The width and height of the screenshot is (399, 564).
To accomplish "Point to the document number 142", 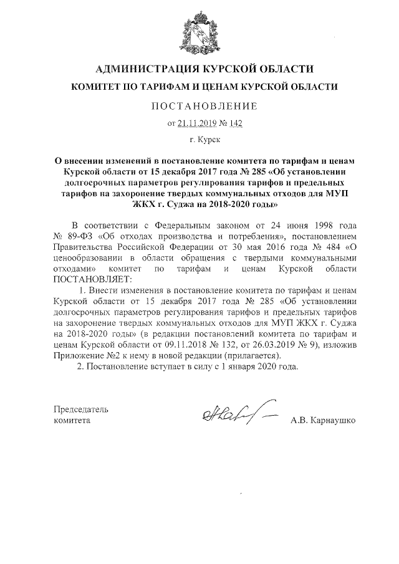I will [x=234, y=123].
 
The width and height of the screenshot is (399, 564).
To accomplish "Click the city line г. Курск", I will [x=200, y=142].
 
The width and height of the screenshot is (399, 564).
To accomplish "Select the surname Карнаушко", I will [x=334, y=421].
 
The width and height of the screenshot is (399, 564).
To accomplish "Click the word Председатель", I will [x=81, y=409].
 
